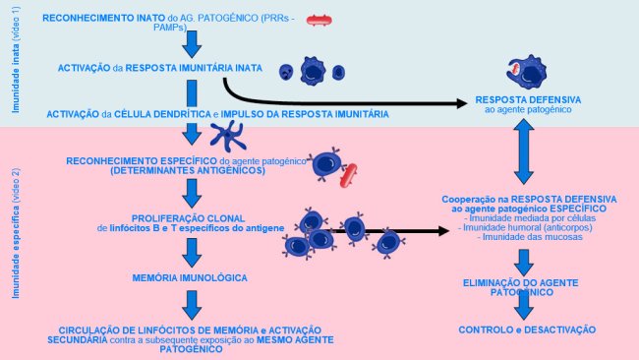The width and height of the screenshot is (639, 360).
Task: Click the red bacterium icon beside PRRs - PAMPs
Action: (x=319, y=20)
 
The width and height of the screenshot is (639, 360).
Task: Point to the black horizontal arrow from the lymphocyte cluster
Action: (x=393, y=231)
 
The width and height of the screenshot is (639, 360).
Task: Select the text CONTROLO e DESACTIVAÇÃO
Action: (x=529, y=329)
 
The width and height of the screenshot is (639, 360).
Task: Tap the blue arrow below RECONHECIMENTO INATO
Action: (x=193, y=43)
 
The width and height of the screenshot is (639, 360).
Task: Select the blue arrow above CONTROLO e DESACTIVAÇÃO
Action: (x=524, y=305)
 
